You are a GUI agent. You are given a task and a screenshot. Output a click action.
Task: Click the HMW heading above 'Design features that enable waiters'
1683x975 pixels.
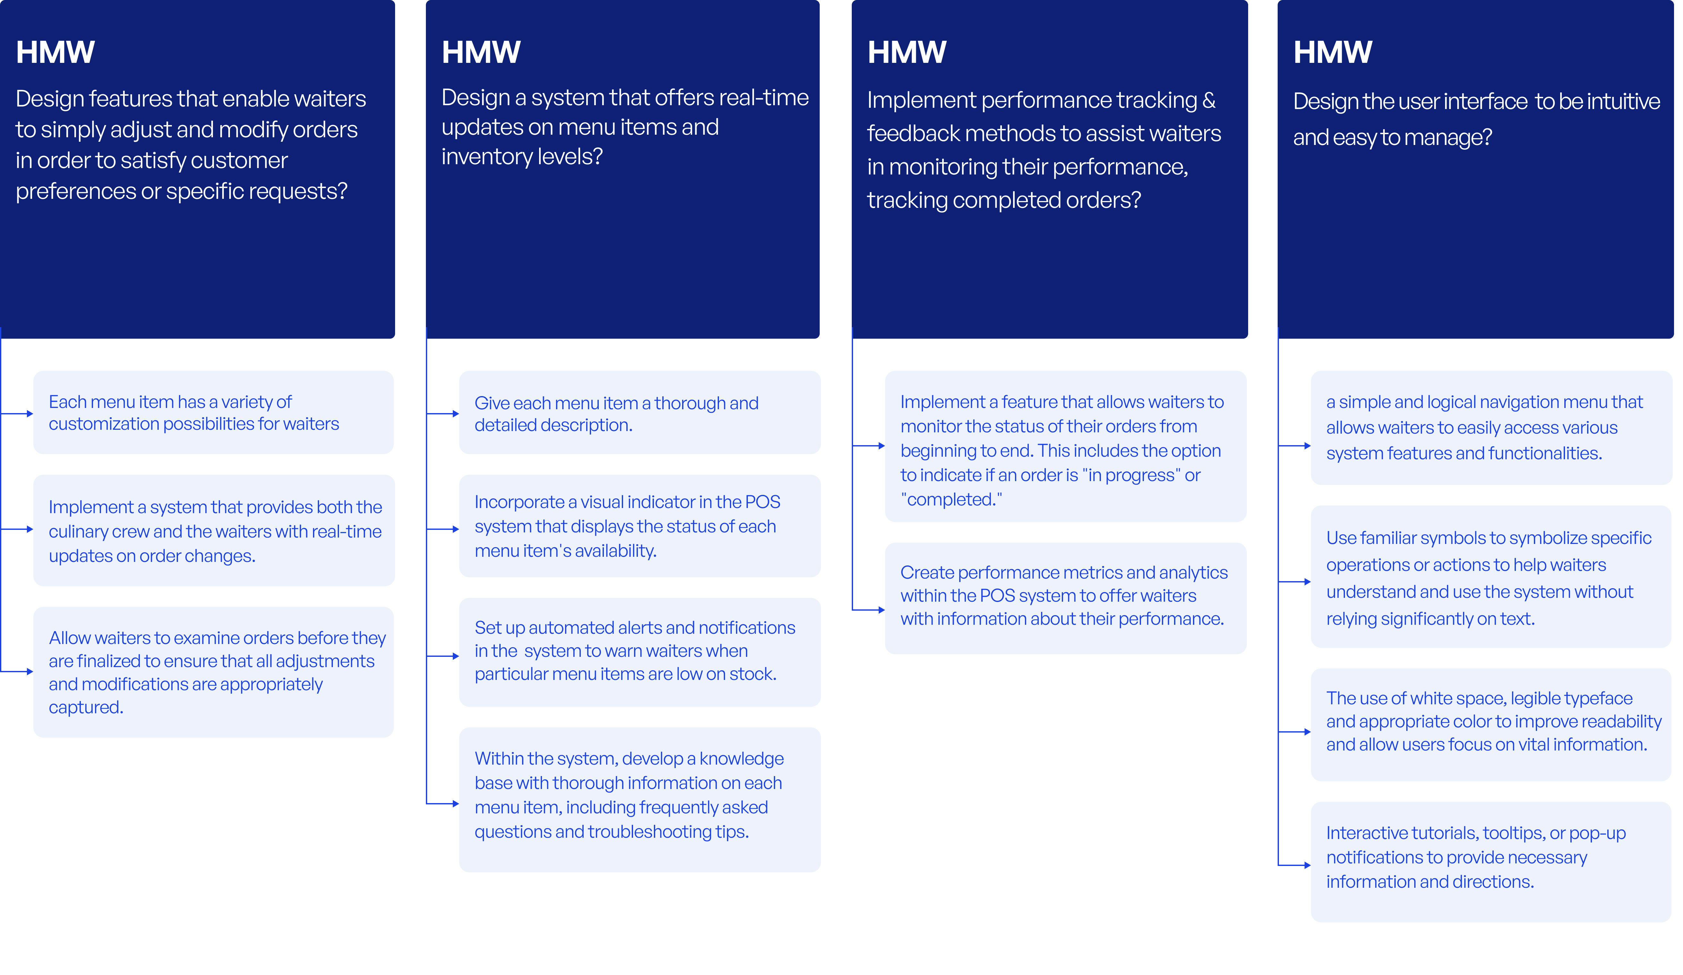55,52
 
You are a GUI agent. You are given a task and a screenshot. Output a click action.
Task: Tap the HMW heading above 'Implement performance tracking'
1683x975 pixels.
907,52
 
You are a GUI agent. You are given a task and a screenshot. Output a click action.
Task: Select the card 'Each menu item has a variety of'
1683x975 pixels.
214,413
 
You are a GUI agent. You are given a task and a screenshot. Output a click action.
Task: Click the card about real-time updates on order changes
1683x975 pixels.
214,531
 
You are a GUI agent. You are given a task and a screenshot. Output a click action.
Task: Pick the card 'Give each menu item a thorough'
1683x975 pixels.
640,413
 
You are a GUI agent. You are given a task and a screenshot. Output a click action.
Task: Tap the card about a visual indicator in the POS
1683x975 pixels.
640,526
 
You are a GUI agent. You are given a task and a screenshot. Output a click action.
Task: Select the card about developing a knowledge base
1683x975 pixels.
640,799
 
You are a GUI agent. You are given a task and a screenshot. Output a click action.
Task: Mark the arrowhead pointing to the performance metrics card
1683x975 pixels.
882,610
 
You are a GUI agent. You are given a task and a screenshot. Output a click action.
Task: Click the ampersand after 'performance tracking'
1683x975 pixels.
1209,100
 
